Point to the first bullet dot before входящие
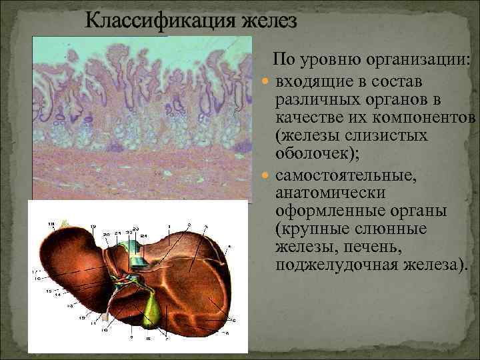tap(266, 81)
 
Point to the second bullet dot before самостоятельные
tap(266, 178)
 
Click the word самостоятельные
tap(339, 177)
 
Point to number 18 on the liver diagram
tap(51, 222)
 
